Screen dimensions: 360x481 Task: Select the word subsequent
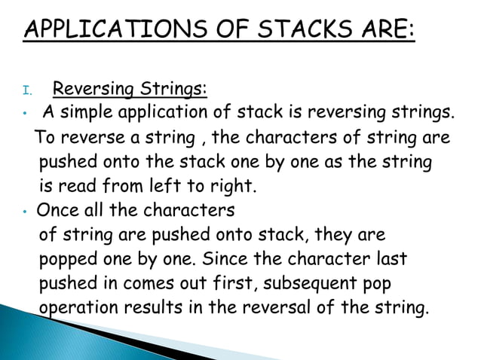point(286,283)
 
